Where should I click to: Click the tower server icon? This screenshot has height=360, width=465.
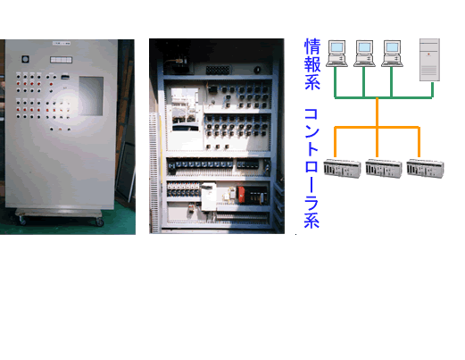tap(429, 60)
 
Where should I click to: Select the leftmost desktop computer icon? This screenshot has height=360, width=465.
tap(336, 54)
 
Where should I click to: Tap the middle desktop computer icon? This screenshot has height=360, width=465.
tap(364, 54)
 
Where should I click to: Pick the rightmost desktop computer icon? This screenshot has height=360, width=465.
tap(392, 54)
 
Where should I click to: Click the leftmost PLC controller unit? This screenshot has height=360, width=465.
tap(342, 169)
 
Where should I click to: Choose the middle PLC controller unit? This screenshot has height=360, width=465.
tap(384, 169)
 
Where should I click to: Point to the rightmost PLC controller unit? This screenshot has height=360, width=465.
tap(426, 169)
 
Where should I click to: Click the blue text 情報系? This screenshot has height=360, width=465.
tap(312, 64)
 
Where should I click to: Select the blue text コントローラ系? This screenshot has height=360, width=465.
tap(311, 168)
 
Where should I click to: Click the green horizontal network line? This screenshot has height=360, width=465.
tap(384, 97)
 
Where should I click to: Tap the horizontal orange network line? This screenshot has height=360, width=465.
tap(377, 128)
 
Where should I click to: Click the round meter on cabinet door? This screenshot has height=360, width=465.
tap(25, 59)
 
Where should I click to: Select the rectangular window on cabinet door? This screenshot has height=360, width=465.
tap(91, 96)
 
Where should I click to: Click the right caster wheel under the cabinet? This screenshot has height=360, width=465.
tap(99, 222)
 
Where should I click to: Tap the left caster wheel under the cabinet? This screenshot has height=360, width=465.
tap(22, 221)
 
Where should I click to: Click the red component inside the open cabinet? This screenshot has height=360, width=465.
tap(240, 194)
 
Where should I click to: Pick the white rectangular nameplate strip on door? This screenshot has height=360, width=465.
tap(61, 60)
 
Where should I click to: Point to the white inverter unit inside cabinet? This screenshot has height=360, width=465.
tap(209, 197)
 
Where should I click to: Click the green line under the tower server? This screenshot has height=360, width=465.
tap(432, 89)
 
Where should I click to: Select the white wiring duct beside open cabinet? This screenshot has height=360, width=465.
tap(154, 172)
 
